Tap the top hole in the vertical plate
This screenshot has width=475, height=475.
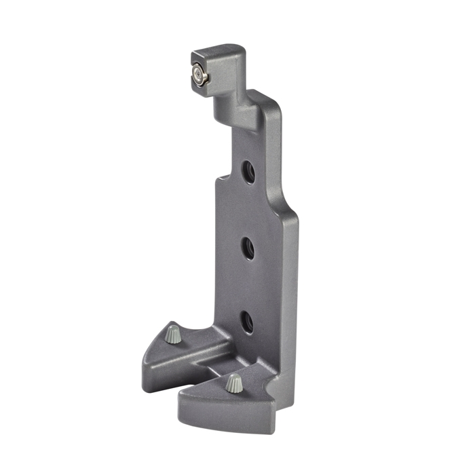[x=248, y=172]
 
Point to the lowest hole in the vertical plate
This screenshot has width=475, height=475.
[x=248, y=321]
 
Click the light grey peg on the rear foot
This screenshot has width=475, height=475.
[x=174, y=334]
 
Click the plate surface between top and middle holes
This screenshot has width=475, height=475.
[x=248, y=210]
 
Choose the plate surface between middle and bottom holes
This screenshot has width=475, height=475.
[x=248, y=285]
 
